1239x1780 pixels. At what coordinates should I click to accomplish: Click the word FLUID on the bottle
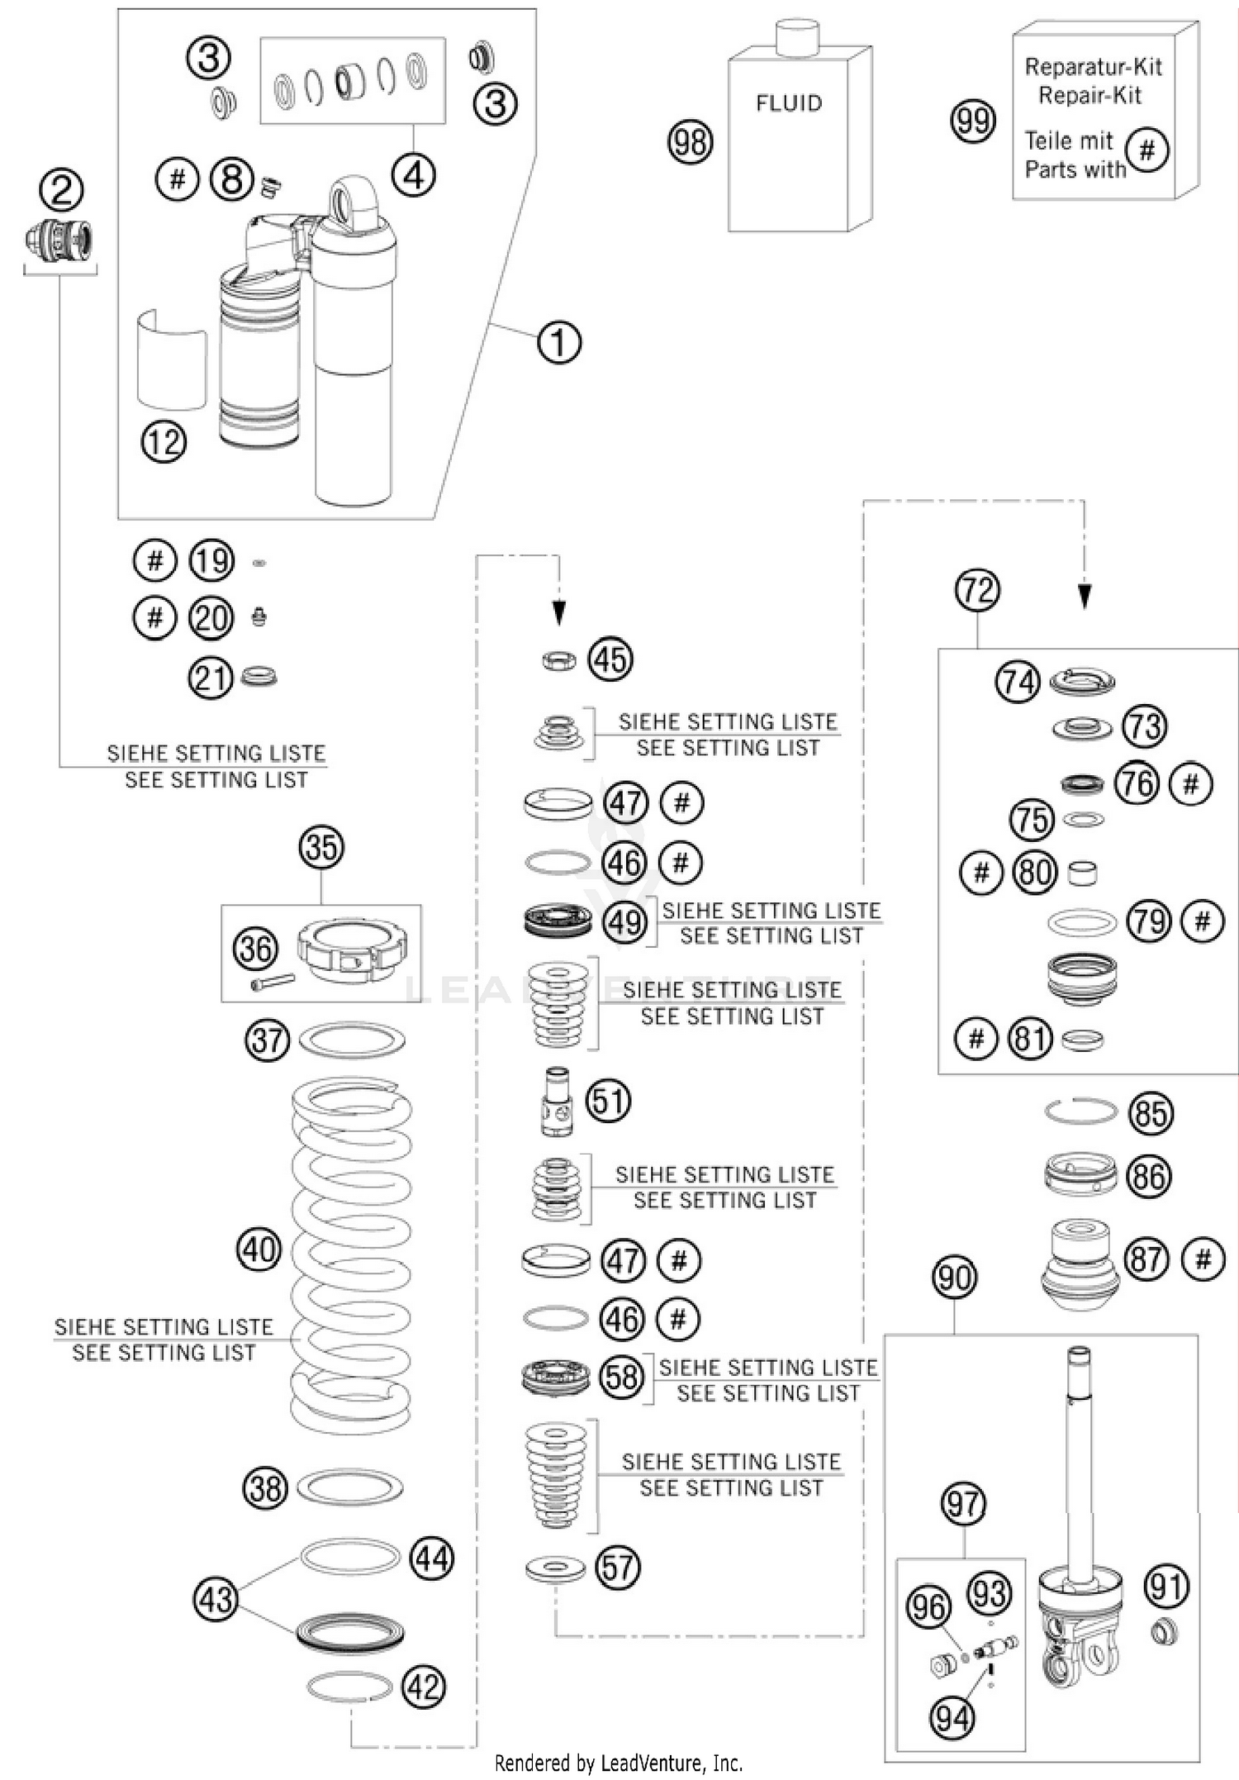(789, 103)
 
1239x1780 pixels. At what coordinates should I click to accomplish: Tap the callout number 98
(690, 142)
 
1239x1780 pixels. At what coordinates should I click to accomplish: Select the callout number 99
(972, 121)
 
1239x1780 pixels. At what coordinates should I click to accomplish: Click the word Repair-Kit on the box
(1089, 95)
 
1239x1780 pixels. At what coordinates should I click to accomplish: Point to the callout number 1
(559, 341)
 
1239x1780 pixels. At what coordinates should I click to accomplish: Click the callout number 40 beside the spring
(259, 1249)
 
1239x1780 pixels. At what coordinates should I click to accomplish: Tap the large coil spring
(352, 1256)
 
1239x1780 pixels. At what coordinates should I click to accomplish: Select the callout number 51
(608, 1102)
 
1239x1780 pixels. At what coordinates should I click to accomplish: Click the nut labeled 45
(559, 660)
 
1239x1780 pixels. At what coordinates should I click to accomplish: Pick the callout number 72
(977, 590)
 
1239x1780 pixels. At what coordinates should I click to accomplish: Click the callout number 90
(954, 1278)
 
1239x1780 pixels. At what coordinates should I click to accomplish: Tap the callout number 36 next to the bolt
(255, 949)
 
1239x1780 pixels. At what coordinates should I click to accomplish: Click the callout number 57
(617, 1567)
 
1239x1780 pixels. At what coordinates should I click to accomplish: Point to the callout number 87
(1147, 1259)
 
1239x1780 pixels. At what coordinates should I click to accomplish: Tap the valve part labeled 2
(59, 240)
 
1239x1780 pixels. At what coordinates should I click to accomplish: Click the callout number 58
(622, 1377)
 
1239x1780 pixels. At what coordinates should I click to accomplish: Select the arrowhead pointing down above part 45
(559, 613)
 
